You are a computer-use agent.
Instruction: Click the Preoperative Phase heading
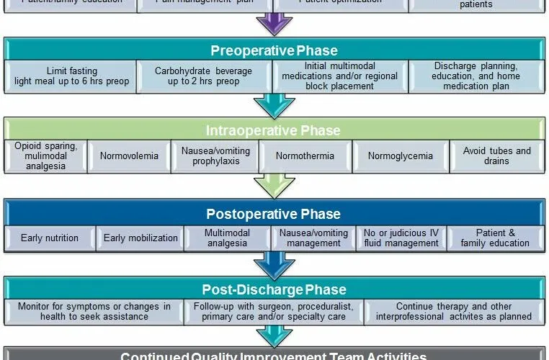click(x=274, y=50)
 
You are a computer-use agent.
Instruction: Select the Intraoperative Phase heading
click(x=274, y=130)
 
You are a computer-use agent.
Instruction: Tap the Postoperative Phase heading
click(x=274, y=214)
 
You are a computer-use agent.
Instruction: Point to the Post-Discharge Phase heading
click(x=274, y=289)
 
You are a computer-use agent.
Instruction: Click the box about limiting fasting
click(x=71, y=76)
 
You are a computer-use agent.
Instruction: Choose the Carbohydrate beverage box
click(x=204, y=76)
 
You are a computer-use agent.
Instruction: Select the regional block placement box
click(x=339, y=76)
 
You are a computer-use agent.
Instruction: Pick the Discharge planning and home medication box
click(x=476, y=76)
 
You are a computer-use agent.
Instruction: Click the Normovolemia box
click(x=129, y=156)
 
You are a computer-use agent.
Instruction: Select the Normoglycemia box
click(x=400, y=156)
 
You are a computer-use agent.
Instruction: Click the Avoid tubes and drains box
click(x=497, y=156)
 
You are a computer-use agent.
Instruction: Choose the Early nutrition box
click(x=50, y=238)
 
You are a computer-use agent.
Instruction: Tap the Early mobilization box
click(x=140, y=238)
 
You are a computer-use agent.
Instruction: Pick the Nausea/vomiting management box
click(x=313, y=238)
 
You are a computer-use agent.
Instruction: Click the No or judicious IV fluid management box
click(x=401, y=238)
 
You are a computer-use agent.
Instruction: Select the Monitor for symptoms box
click(x=94, y=312)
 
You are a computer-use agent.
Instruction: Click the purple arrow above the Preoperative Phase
click(x=274, y=24)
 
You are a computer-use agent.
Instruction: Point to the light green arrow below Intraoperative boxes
click(x=274, y=186)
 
